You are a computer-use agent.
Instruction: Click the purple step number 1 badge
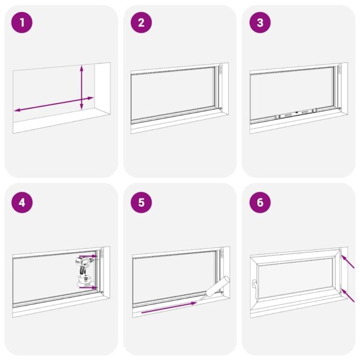[x=22, y=24]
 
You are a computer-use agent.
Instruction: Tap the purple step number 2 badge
[x=141, y=24]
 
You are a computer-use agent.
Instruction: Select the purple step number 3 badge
[x=260, y=24]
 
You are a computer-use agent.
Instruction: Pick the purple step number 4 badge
[x=22, y=202]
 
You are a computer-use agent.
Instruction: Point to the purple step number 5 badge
[x=141, y=202]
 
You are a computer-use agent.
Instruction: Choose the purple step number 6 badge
[x=260, y=202]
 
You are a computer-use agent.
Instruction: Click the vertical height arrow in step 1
[x=82, y=88]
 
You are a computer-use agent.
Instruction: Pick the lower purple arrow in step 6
[x=349, y=295]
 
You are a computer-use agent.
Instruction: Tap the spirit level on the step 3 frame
[x=295, y=113]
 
